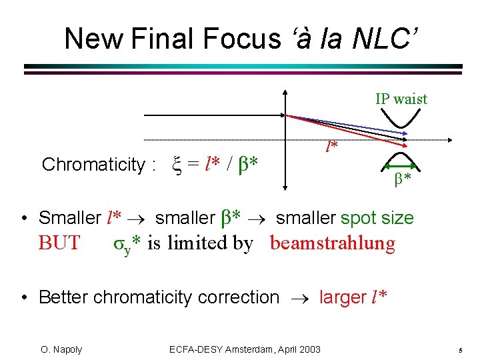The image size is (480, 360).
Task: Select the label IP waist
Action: tap(401, 99)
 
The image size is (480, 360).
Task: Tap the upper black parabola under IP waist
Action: tap(402, 120)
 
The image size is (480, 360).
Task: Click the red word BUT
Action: tap(59, 243)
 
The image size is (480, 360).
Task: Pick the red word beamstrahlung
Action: tap(333, 243)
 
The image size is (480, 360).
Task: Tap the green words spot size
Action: tap(377, 218)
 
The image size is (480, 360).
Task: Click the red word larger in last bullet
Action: tap(343, 297)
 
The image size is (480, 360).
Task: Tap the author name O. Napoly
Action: tap(61, 349)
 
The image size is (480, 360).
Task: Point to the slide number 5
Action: tap(461, 350)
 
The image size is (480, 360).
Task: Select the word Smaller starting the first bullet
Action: tap(70, 218)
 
